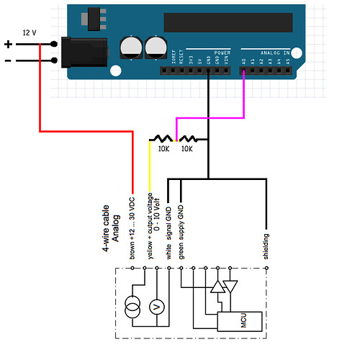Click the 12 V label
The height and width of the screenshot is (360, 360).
(x=30, y=33)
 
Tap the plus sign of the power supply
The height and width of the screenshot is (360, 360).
(x=9, y=44)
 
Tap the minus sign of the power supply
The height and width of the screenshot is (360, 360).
(x=9, y=60)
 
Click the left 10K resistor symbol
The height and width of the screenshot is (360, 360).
(x=161, y=139)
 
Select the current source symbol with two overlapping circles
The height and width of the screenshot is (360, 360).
(x=132, y=305)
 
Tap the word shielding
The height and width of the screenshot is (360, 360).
(x=266, y=246)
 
